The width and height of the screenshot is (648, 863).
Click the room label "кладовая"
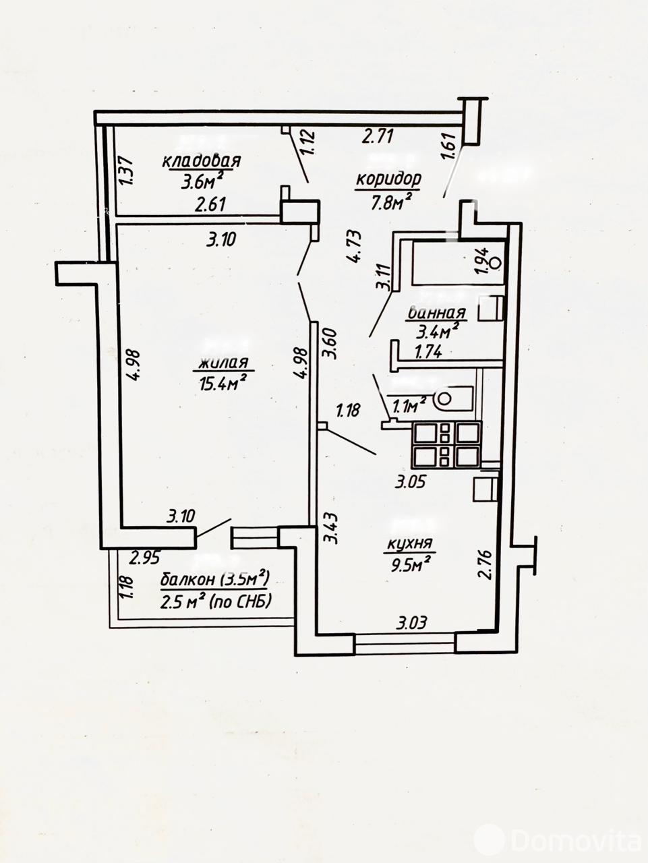pos(201,162)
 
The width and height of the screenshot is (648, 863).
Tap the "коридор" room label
pos(389,179)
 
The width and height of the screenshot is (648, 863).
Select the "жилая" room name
pos(224,364)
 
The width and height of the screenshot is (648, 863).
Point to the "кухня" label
pos(409,544)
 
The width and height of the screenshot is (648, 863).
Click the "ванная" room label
pos(436,313)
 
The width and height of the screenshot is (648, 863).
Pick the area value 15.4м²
pos(222,384)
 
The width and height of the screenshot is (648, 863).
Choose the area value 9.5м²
pos(410,564)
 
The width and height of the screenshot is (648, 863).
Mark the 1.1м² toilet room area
pos(409,404)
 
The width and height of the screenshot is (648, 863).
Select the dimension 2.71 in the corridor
pos(377,137)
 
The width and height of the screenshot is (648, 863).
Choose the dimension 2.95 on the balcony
pos(145,557)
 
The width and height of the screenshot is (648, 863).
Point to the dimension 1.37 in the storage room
pos(133,172)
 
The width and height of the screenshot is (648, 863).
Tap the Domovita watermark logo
pos(557,839)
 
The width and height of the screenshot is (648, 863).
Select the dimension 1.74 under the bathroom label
pos(428,351)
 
